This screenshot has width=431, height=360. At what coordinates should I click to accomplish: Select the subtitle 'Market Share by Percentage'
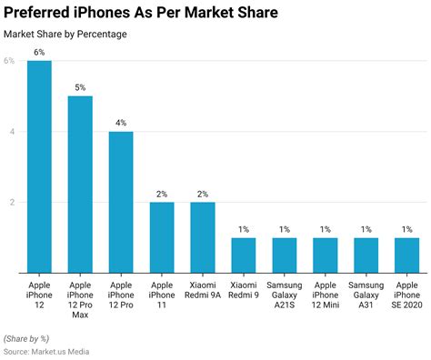[65, 35]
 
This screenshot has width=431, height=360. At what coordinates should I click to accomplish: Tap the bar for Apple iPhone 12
[39, 166]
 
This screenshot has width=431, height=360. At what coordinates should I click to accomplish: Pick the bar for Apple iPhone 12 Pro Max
[80, 184]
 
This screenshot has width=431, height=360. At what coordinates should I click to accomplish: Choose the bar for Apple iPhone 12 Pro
[121, 202]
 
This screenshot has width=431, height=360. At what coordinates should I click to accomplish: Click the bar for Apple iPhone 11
[162, 236]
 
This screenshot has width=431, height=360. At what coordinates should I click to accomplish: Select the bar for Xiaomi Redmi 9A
[203, 236]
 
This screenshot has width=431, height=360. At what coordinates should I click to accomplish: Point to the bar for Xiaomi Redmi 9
[243, 255]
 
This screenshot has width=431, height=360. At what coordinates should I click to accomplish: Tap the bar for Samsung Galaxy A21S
[284, 255]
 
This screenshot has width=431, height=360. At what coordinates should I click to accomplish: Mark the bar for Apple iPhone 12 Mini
[325, 255]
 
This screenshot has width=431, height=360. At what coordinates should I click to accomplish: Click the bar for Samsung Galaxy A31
[366, 255]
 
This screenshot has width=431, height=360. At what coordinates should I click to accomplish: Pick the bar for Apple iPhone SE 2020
[406, 255]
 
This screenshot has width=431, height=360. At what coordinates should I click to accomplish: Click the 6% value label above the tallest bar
[39, 53]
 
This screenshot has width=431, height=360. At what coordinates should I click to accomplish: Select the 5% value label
[80, 87]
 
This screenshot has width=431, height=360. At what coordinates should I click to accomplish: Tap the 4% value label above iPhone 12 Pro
[121, 123]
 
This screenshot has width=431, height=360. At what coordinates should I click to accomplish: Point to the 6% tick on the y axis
[9, 61]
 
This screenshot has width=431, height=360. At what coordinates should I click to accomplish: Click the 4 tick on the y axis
[11, 131]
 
